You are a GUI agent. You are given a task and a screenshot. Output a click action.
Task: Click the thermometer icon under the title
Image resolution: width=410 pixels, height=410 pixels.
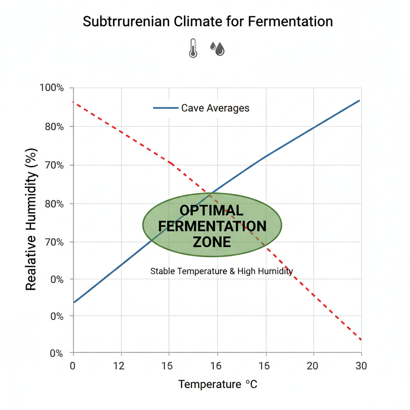[193, 48]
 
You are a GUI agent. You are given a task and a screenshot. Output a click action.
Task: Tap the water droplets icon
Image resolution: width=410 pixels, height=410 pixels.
[217, 48]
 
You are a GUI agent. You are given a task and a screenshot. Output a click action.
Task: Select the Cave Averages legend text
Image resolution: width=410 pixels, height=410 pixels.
[215, 108]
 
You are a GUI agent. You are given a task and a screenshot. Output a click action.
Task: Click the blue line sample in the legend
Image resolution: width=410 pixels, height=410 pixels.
[165, 108]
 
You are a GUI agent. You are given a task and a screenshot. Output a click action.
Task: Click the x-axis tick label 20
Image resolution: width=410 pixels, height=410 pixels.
[313, 366]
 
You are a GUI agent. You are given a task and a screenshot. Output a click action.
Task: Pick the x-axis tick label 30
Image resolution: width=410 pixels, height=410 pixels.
[361, 366]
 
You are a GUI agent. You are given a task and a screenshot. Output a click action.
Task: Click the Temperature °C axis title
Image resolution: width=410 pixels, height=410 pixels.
[217, 385]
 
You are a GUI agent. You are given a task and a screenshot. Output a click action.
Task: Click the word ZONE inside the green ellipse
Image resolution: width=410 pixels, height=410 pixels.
[212, 242]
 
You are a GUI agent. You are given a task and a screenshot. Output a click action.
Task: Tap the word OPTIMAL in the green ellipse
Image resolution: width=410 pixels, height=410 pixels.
[211, 211]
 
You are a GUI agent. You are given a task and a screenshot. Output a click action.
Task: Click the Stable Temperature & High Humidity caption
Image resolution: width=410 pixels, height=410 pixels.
[221, 271]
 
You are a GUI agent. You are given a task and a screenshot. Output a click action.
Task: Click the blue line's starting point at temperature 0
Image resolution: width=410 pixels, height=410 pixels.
[74, 302]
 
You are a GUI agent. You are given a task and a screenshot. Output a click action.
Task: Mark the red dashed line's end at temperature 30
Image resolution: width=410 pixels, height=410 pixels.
[361, 340]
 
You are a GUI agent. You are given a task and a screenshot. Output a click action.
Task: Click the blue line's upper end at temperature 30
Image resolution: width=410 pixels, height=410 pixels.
[360, 100]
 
